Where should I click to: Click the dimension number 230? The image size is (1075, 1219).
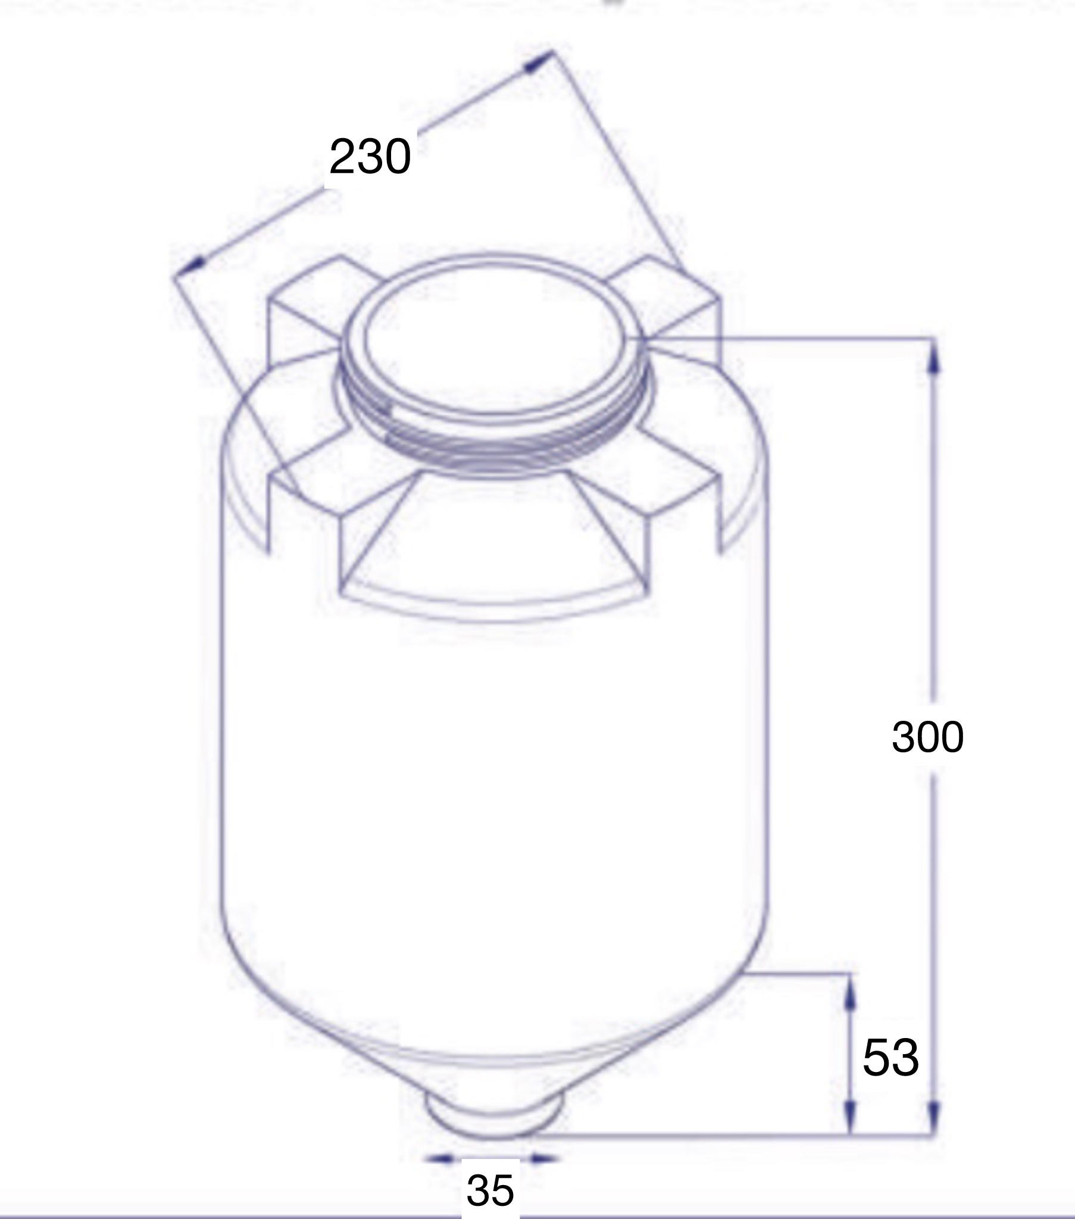click(370, 157)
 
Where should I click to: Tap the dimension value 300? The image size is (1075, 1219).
click(927, 736)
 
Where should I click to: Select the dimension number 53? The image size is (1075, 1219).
click(890, 1057)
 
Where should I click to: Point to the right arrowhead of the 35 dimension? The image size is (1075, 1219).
click(541, 1159)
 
